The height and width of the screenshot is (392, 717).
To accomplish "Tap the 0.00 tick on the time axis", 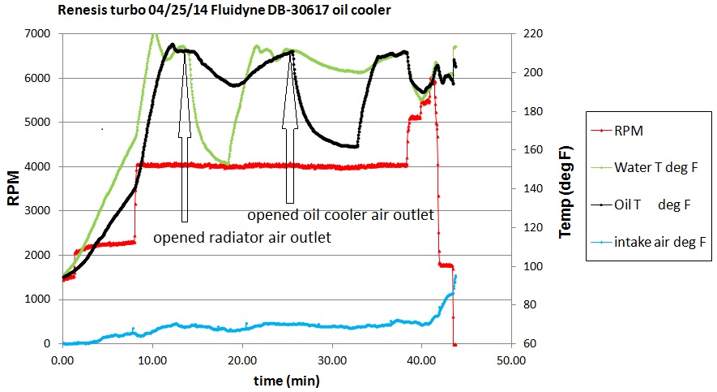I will (62, 359).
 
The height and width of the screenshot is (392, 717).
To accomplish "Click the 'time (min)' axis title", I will (285, 379).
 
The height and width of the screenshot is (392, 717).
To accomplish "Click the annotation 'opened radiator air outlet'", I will (241, 238).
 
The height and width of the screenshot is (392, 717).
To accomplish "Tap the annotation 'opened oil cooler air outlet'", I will (340, 215).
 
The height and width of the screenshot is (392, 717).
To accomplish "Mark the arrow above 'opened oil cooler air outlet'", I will (289, 130).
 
